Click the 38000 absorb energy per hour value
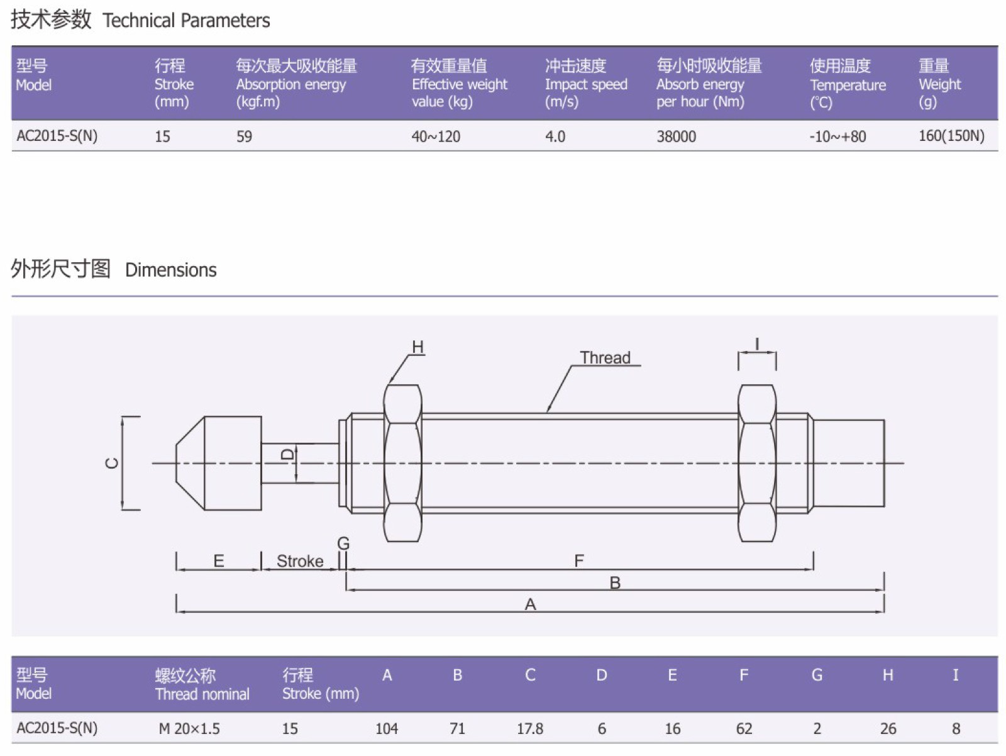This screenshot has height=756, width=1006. click(676, 136)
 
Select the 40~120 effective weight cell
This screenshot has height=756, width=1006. click(436, 136)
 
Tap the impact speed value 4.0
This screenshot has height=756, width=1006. click(555, 136)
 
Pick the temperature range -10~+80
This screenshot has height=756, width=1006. click(837, 136)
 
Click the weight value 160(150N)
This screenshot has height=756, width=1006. click(951, 136)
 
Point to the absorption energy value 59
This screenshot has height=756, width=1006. click(244, 136)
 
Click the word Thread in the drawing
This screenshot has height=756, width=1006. click(605, 358)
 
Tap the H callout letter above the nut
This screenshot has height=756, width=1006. click(417, 347)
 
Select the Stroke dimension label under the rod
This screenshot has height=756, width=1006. click(300, 561)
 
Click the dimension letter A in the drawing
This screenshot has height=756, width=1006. click(530, 604)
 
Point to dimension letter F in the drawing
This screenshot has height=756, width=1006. click(579, 560)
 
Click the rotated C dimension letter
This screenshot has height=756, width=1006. click(112, 464)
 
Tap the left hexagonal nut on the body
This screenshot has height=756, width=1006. click(402, 463)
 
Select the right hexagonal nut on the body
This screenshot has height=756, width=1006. click(756, 463)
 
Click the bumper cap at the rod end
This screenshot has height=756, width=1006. click(220, 463)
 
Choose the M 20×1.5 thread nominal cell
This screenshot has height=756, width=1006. click(189, 729)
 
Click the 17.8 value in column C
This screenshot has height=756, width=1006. click(529, 729)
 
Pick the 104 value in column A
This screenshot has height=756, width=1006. click(386, 729)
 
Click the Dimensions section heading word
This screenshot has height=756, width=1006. click(170, 270)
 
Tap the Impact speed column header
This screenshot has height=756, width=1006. click(585, 84)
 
